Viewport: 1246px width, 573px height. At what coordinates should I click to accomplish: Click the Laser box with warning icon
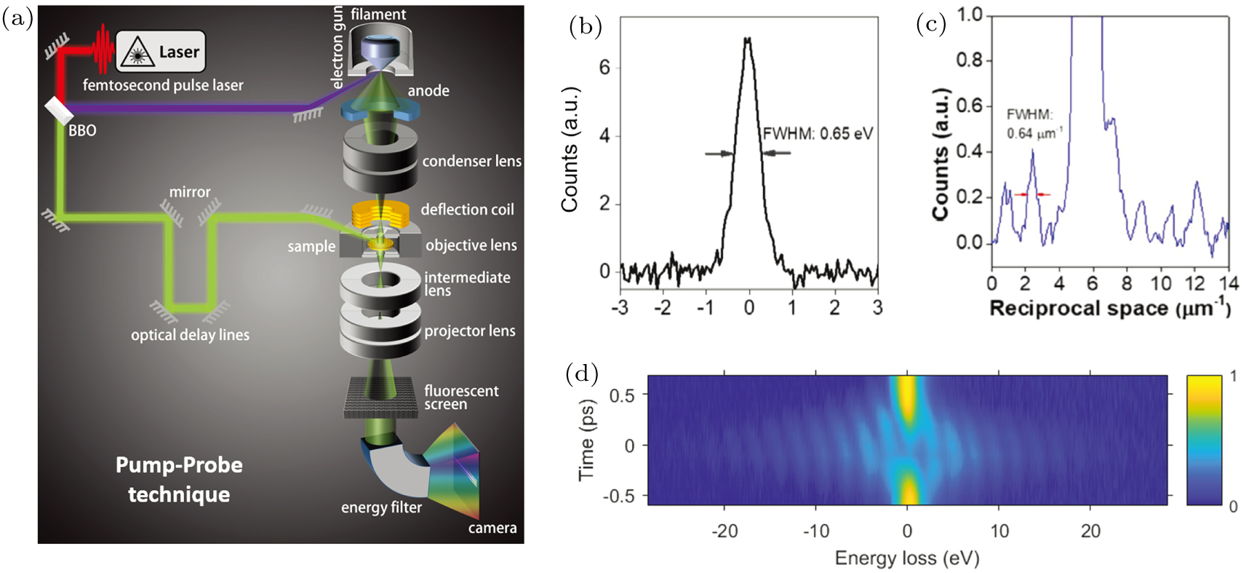[161, 52]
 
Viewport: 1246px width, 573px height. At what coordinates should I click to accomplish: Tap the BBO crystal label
[82, 131]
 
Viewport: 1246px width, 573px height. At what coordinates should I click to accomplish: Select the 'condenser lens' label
[471, 161]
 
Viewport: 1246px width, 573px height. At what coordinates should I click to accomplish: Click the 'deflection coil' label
[467, 210]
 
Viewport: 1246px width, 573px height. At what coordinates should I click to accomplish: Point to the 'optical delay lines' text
[190, 335]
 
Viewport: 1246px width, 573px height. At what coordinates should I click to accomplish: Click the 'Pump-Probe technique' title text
[179, 480]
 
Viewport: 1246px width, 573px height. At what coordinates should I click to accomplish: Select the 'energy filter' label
[381, 507]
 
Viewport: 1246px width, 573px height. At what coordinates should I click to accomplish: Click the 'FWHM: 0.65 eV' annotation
[818, 134]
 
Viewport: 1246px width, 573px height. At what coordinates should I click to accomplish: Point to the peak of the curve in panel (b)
[748, 39]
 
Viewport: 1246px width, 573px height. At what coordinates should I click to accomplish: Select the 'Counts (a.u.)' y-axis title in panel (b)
[570, 149]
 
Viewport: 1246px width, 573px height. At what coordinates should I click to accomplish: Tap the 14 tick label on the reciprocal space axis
[1228, 282]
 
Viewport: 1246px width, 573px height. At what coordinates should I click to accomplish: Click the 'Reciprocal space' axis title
[1110, 308]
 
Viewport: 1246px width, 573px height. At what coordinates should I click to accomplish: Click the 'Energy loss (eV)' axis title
[906, 558]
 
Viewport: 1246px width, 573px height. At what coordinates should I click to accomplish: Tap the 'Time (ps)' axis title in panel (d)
[587, 440]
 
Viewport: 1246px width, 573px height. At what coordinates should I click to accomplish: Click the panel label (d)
[581, 374]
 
